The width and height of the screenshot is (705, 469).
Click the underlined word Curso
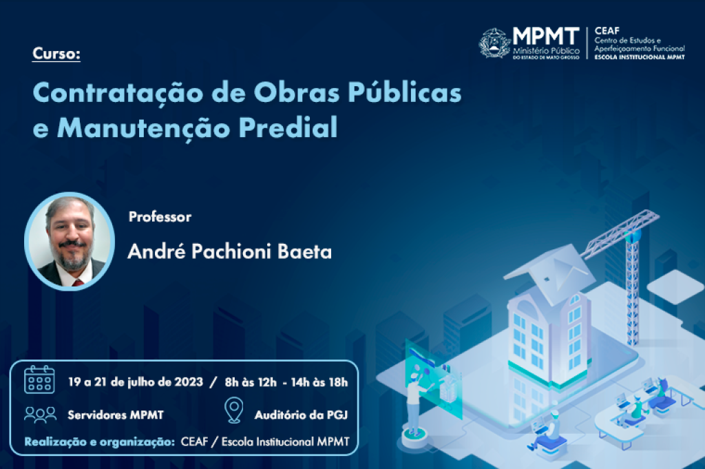(56, 54)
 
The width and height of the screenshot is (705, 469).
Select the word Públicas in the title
(405, 92)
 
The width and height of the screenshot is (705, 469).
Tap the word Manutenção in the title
(144, 128)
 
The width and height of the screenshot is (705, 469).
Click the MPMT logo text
(546, 36)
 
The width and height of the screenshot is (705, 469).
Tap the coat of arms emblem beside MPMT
(494, 43)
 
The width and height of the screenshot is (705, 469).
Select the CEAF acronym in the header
(607, 30)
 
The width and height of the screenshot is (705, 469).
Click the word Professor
(160, 217)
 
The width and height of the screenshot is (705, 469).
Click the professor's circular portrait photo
(70, 242)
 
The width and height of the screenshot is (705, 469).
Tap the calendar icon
(39, 380)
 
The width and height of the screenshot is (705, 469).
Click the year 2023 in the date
(189, 382)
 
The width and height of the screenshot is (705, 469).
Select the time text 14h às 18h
(319, 382)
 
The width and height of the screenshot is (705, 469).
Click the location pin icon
(234, 410)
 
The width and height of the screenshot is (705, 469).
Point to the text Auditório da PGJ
(302, 415)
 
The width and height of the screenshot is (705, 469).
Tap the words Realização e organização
(99, 442)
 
